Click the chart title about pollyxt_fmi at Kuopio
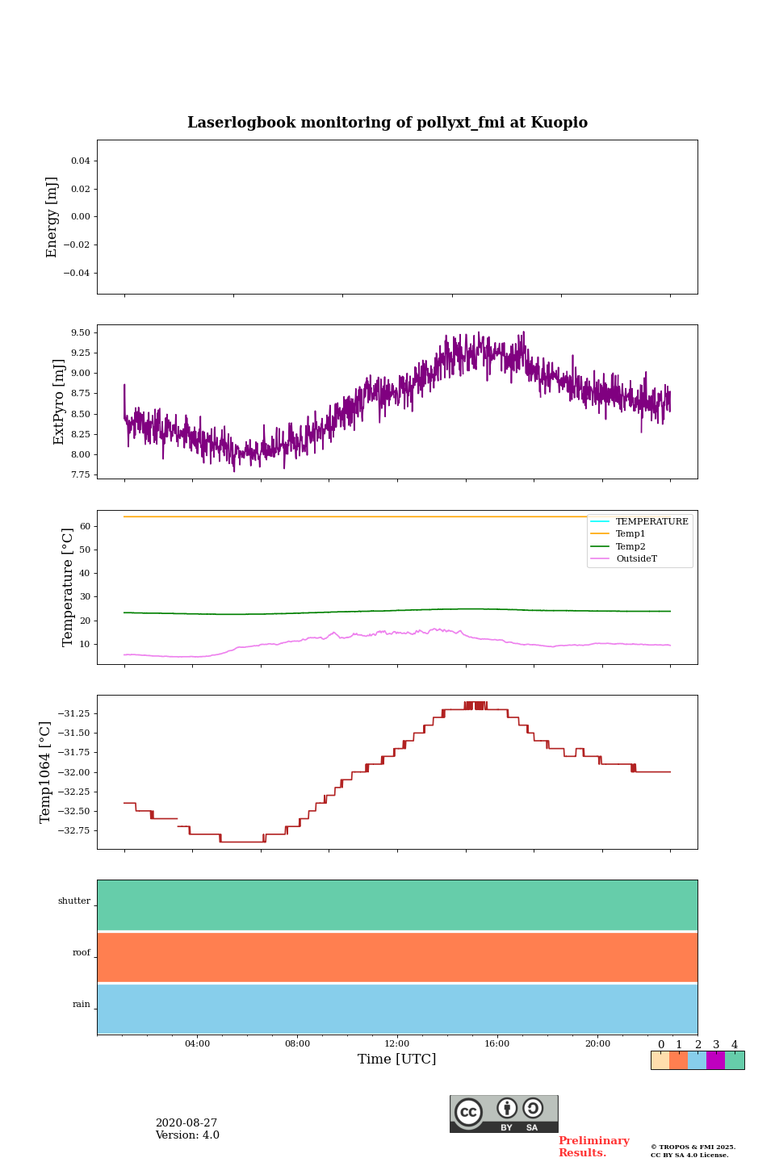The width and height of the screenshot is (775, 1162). click(387, 123)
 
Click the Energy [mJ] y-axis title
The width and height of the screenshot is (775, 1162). click(52, 217)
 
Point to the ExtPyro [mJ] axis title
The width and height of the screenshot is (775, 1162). click(59, 402)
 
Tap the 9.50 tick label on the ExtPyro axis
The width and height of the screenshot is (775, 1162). click(81, 332)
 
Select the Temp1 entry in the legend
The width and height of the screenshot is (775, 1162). click(630, 534)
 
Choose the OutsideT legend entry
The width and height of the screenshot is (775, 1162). click(636, 558)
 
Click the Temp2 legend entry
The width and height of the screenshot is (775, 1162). click(630, 546)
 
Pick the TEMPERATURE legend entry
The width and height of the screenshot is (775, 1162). click(651, 521)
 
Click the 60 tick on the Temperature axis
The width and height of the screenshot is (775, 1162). click(85, 526)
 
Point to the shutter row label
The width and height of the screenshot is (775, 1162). click(74, 901)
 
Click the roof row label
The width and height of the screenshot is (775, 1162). click(82, 953)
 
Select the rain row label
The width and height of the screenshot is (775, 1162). click(82, 1005)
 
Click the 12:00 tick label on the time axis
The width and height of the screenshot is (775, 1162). click(397, 1043)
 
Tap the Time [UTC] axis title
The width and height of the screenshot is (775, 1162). click(397, 1059)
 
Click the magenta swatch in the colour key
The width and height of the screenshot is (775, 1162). click(715, 1060)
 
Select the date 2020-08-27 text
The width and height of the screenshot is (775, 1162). click(186, 1123)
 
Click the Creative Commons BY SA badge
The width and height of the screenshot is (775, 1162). click(504, 1114)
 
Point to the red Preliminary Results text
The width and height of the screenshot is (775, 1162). click(593, 1147)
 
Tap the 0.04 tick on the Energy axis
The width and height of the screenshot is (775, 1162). click(80, 161)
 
